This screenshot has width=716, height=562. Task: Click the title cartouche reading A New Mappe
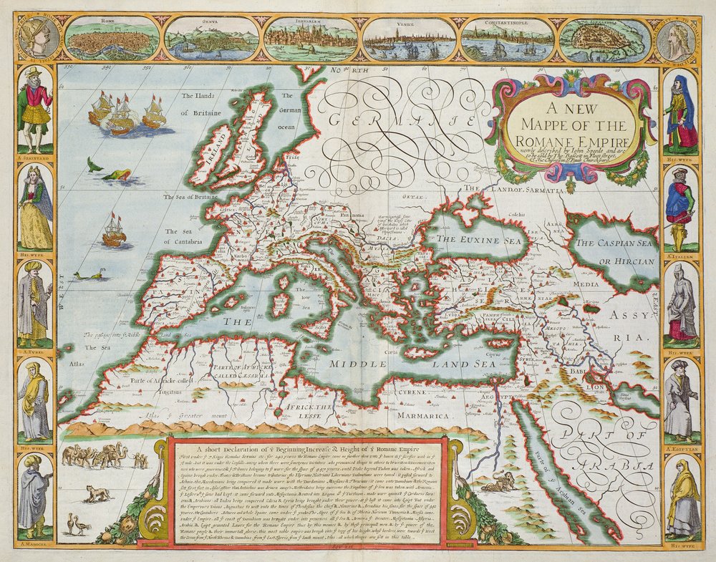pos(570,126)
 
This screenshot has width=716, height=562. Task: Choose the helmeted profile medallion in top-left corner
pos(38,37)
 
